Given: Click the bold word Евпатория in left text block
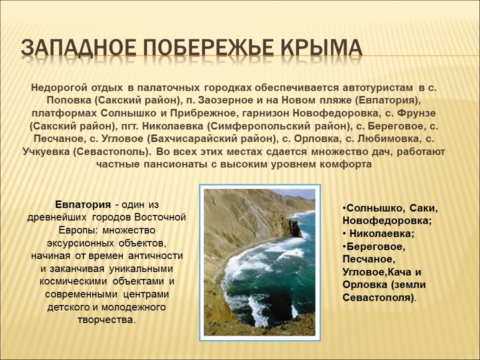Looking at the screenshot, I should [x=82, y=204].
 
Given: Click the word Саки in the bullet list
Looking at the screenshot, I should [x=426, y=207].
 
